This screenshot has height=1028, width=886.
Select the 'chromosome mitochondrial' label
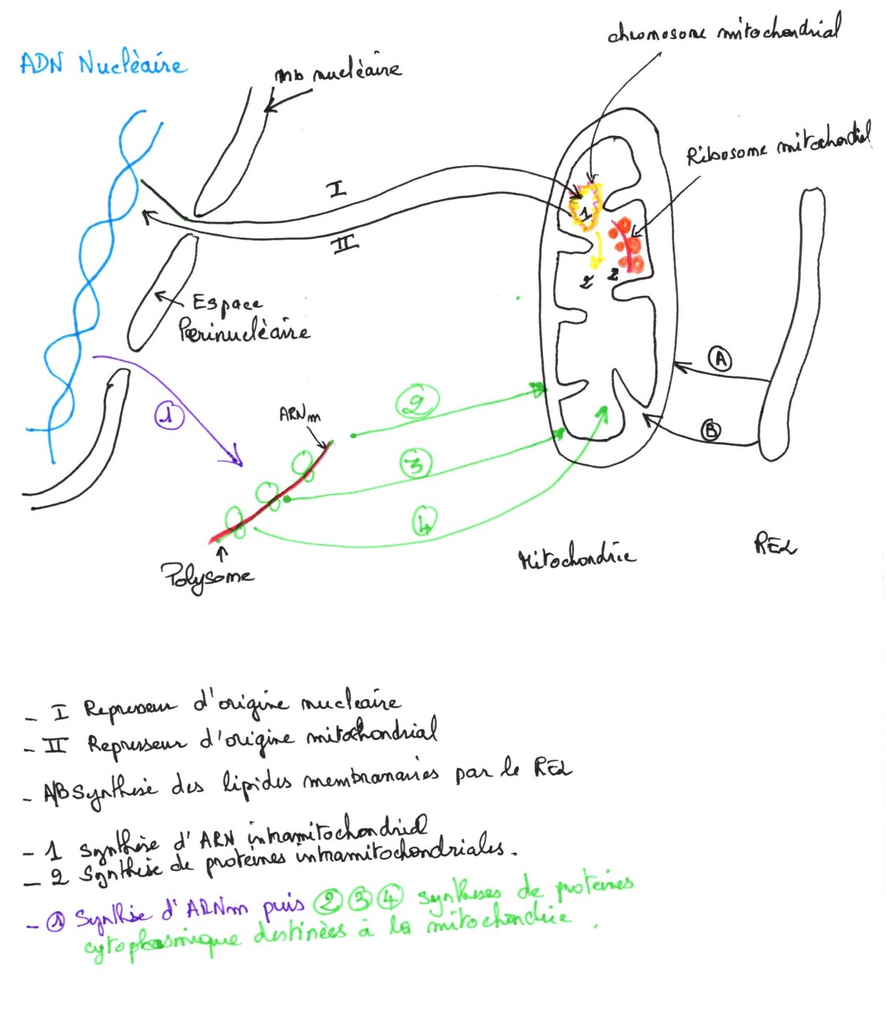tap(723, 31)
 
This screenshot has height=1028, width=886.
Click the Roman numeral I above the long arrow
tap(337, 189)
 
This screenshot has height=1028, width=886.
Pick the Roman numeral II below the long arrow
tap(345, 245)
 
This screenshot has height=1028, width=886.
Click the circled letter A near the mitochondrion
tap(719, 358)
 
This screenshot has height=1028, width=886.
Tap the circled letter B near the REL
tap(711, 431)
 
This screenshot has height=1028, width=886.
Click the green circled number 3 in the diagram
tap(415, 463)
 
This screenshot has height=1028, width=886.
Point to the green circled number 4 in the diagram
tap(425, 521)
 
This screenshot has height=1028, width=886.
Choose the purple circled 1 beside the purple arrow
tap(169, 416)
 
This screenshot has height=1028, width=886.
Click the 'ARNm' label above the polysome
tap(299, 415)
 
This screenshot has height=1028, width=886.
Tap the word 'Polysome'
tap(207, 576)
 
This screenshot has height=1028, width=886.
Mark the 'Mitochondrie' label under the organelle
tap(577, 557)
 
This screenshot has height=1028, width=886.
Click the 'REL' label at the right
tap(775, 544)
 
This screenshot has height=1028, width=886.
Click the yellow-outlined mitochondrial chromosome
tap(586, 207)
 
